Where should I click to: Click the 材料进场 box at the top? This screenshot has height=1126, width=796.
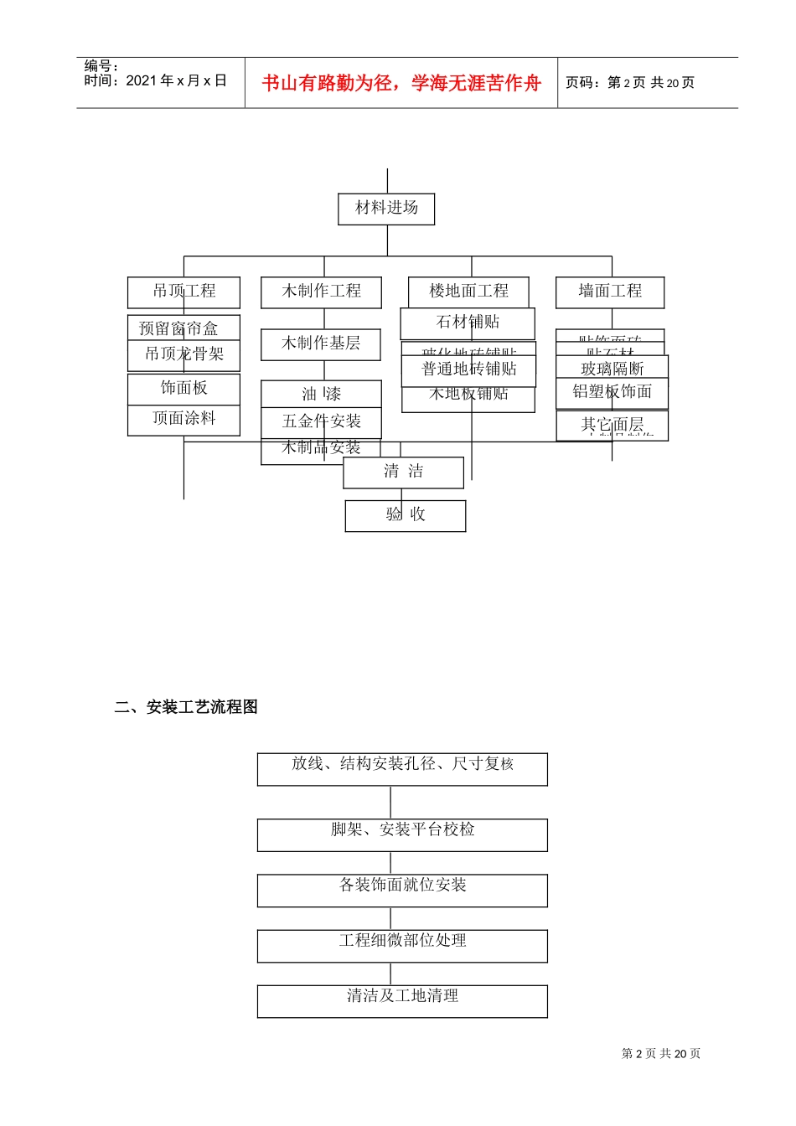pyautogui.click(x=386, y=209)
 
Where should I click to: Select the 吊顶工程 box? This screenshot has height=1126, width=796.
pyautogui.click(x=183, y=292)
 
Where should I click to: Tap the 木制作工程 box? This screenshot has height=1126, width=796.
pyautogui.click(x=321, y=292)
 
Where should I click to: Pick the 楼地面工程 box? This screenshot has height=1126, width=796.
pyautogui.click(x=468, y=292)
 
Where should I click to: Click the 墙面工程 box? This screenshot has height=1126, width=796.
pyautogui.click(x=610, y=292)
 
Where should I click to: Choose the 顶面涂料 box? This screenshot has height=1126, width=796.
pyautogui.click(x=183, y=420)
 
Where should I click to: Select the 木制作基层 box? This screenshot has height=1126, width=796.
pyautogui.click(x=321, y=343)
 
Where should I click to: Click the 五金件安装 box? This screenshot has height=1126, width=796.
pyautogui.click(x=321, y=421)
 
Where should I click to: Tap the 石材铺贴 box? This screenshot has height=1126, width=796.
pyautogui.click(x=468, y=323)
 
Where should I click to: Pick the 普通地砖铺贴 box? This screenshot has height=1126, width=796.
pyautogui.click(x=468, y=369)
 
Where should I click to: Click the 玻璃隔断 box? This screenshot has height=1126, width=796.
pyautogui.click(x=613, y=368)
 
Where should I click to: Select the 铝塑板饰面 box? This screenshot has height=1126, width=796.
pyautogui.click(x=613, y=392)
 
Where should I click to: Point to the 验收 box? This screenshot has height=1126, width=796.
pyautogui.click(x=406, y=515)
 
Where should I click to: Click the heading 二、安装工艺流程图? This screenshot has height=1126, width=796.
pyautogui.click(x=186, y=707)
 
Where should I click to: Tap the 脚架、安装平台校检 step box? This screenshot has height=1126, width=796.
pyautogui.click(x=402, y=834)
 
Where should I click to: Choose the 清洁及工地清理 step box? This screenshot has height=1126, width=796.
pyautogui.click(x=402, y=1000)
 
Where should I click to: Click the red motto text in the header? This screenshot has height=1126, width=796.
pyautogui.click(x=401, y=83)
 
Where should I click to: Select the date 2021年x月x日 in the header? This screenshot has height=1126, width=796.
pyautogui.click(x=156, y=80)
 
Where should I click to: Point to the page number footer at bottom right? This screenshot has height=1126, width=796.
pyautogui.click(x=661, y=1054)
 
